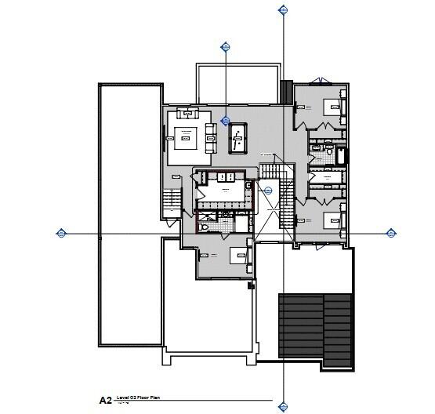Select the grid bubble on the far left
point(61,232)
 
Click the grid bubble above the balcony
point(227,45)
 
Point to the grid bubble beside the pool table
point(226,122)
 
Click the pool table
point(237,139)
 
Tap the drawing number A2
point(105,400)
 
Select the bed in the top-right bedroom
point(332,107)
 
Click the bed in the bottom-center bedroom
point(237,255)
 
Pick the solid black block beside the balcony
point(285,92)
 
